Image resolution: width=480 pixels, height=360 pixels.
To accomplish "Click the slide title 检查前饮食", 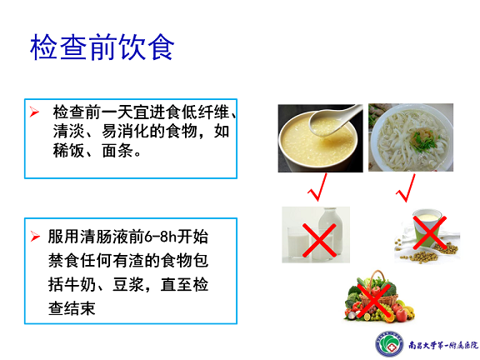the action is click(x=102, y=47).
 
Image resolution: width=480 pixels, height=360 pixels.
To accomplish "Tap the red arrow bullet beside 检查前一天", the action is click(x=34, y=112).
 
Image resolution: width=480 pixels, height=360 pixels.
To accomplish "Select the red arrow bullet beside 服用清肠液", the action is click(x=35, y=237).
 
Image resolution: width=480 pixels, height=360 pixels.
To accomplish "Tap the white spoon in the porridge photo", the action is click(x=333, y=119).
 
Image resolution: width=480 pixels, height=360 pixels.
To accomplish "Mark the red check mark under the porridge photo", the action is click(x=317, y=187).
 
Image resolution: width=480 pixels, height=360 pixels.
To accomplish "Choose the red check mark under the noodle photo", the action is click(x=406, y=188).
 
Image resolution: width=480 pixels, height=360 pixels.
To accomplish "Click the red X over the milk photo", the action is click(x=319, y=240).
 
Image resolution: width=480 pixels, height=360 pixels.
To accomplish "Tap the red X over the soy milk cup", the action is click(x=430, y=232).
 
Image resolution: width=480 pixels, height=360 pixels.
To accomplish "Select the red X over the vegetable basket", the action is click(x=374, y=301).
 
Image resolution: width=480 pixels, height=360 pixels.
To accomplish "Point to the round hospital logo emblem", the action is click(x=389, y=345).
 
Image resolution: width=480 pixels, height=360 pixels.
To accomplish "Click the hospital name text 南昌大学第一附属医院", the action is click(x=443, y=345).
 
